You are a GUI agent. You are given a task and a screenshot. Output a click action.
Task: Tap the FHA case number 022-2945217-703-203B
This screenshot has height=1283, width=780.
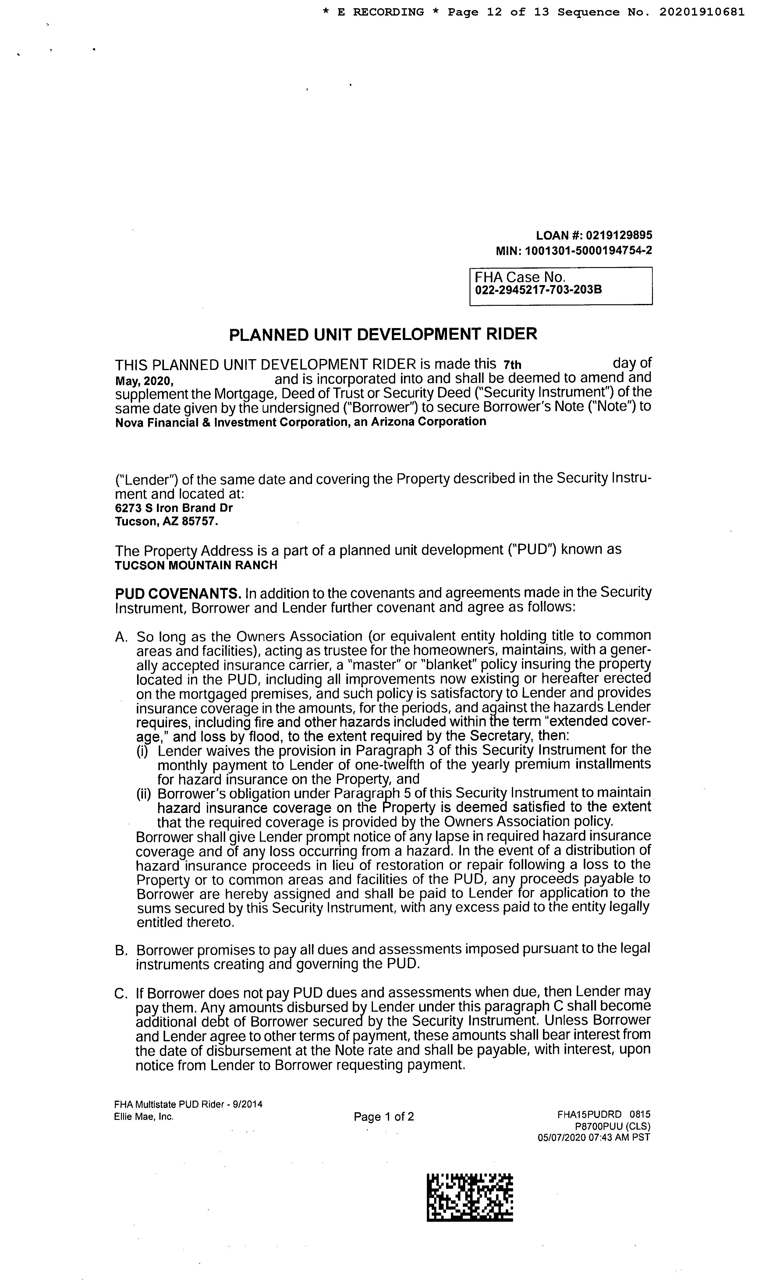pyautogui.click(x=538, y=290)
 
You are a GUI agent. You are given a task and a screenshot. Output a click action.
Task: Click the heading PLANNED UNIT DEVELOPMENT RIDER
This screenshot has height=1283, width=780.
pyautogui.click(x=383, y=334)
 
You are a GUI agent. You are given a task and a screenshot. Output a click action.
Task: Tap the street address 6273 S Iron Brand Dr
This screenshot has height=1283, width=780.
pyautogui.click(x=174, y=508)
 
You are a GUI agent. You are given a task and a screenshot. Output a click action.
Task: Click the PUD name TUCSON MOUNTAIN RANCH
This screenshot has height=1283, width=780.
pyautogui.click(x=196, y=565)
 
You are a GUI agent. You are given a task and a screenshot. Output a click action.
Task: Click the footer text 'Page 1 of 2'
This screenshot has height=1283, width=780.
pyautogui.click(x=384, y=1117)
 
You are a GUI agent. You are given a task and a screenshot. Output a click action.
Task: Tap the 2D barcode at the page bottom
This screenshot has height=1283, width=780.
pyautogui.click(x=469, y=1197)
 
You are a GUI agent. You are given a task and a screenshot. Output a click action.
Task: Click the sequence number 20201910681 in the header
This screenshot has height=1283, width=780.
pyautogui.click(x=701, y=12)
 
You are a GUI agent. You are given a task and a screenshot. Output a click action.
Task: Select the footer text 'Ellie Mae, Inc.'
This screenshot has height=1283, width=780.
pyautogui.click(x=144, y=1117)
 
